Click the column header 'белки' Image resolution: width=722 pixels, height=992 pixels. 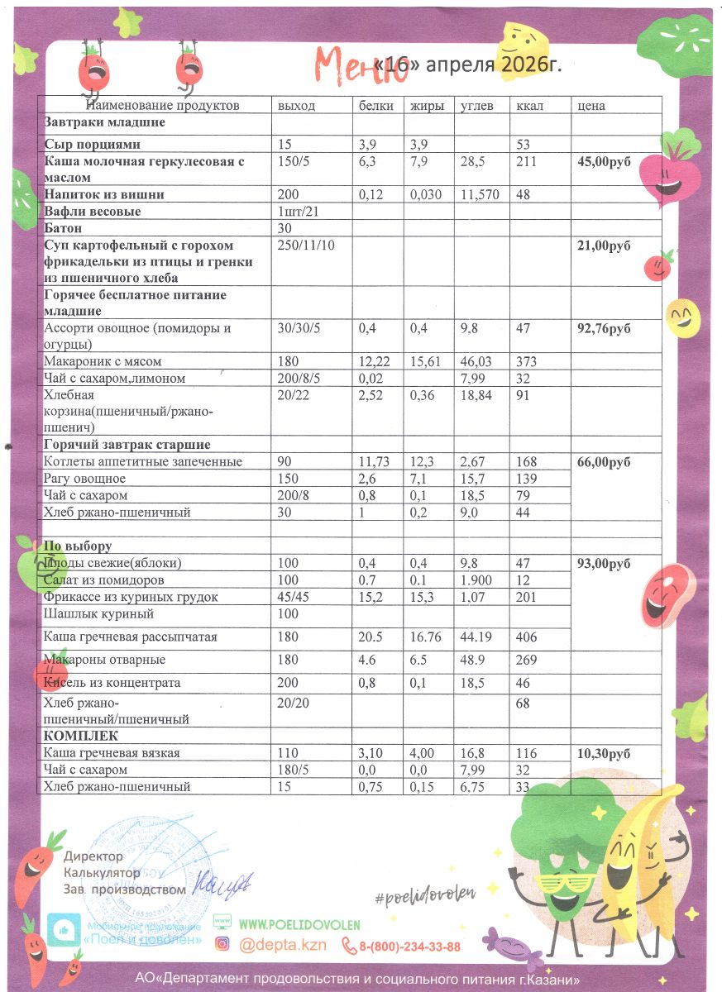[x=375, y=106]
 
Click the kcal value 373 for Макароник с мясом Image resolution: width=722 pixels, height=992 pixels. [x=526, y=361]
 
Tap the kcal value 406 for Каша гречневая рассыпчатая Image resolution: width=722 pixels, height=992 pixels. [x=526, y=637]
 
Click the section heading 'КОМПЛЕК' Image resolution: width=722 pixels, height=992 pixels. [x=80, y=736]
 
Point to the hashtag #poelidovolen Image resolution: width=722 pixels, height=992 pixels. [x=427, y=893]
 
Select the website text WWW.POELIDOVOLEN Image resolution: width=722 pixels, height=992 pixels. [x=299, y=925]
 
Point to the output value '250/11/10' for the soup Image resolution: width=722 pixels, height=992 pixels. [x=307, y=246]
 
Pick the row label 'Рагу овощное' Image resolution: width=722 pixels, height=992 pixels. [x=84, y=479]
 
